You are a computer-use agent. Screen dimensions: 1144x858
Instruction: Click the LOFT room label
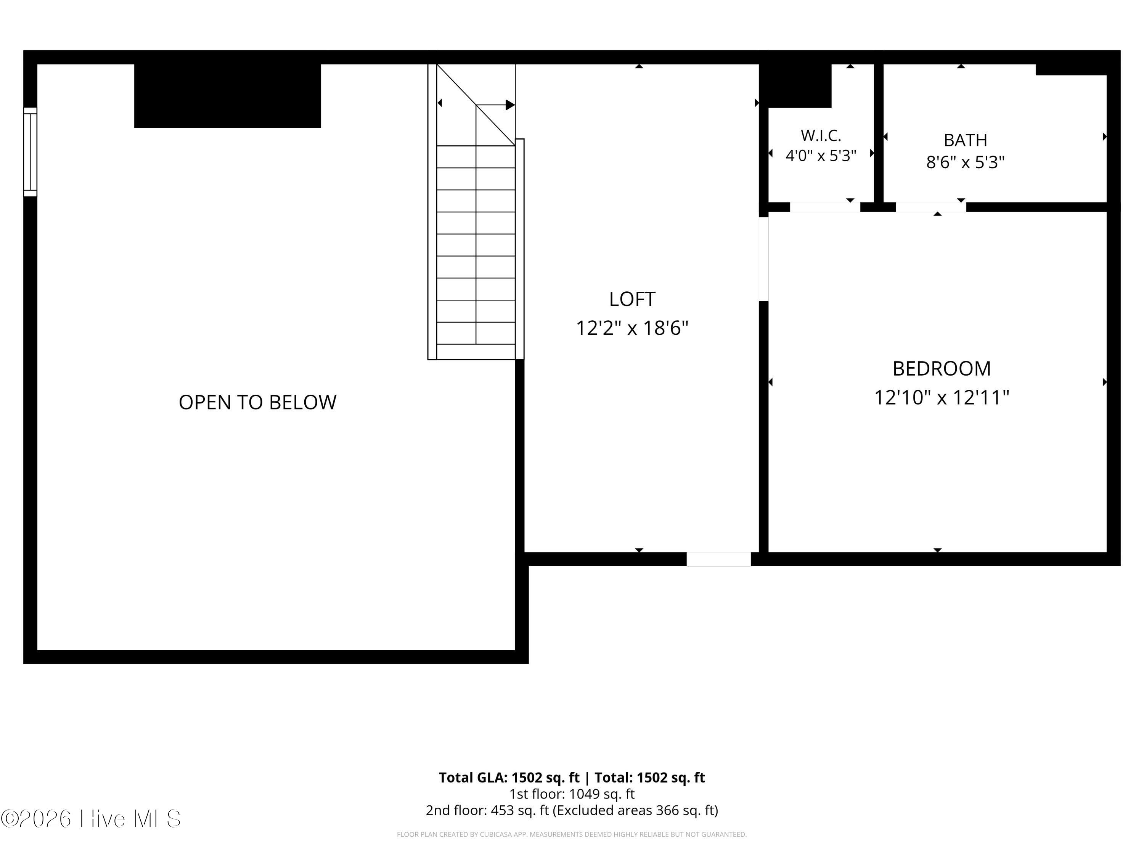632,299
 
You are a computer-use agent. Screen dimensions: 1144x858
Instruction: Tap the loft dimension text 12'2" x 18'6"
632,328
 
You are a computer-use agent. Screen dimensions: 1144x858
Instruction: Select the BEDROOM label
942,369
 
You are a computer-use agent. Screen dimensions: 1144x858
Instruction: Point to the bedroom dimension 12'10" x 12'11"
942,398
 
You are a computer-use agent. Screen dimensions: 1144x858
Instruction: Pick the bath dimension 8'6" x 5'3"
965,162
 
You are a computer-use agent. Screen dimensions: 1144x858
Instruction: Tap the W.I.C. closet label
821,135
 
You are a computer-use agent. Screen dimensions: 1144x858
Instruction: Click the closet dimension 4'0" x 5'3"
821,156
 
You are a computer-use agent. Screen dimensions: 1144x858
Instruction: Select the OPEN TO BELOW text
257,402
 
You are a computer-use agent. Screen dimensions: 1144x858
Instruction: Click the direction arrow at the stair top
495,105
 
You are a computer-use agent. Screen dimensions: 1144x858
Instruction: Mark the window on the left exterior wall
30,152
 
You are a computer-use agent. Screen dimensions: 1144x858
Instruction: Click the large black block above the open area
228,96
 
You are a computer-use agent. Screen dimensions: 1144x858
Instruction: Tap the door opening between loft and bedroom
763,259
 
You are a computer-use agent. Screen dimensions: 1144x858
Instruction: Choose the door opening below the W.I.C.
825,207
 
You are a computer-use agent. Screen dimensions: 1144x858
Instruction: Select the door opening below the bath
931,207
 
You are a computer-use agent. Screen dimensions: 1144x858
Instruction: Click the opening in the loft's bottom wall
718,559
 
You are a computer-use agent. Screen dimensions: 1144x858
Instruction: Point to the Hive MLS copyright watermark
91,819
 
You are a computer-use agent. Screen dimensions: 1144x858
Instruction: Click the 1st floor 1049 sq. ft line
572,794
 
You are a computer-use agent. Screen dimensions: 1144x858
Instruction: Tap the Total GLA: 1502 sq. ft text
509,777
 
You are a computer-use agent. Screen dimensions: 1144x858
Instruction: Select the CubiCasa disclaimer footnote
572,834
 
